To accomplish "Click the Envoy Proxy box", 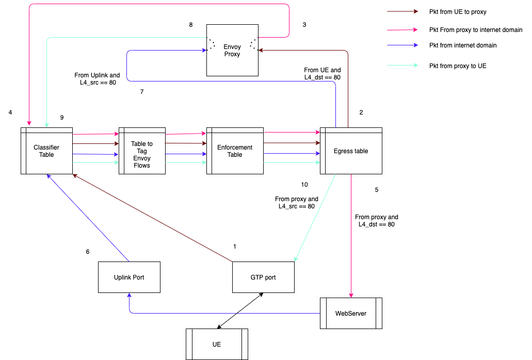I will point(232,50).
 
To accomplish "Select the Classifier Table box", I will point(46,151).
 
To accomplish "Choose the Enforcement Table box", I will point(235,151).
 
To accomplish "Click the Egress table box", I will point(351,151).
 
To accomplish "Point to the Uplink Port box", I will point(129,277).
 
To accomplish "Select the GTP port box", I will point(263,277).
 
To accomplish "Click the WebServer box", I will point(351,313).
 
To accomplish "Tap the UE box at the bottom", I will point(217,344).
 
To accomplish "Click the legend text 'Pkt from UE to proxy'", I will point(457,11).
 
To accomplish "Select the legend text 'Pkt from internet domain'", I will point(463,45).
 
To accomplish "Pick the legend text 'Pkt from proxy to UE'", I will point(457,66).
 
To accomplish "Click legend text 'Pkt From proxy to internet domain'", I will point(476,30).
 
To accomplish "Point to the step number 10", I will point(304,185).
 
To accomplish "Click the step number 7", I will point(142,92).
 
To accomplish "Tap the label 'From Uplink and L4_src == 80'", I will point(97,78).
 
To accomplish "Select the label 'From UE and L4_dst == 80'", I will point(323,74).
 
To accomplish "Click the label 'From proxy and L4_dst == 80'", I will point(377,221).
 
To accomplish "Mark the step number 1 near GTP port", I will point(235,247).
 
